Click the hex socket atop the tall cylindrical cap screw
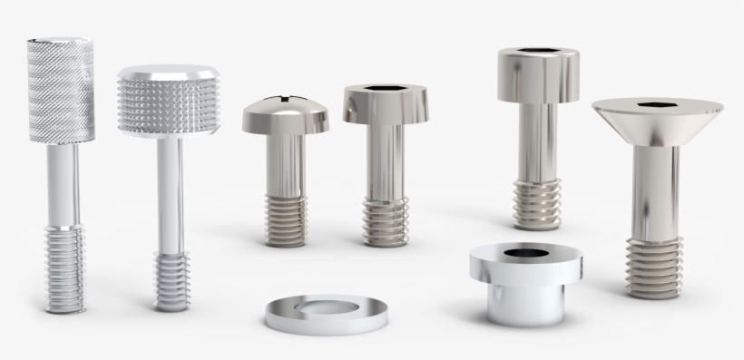tap(538, 54)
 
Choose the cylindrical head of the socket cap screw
tap(538, 77)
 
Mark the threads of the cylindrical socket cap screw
tap(535, 203)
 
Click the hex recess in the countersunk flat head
tap(651, 106)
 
